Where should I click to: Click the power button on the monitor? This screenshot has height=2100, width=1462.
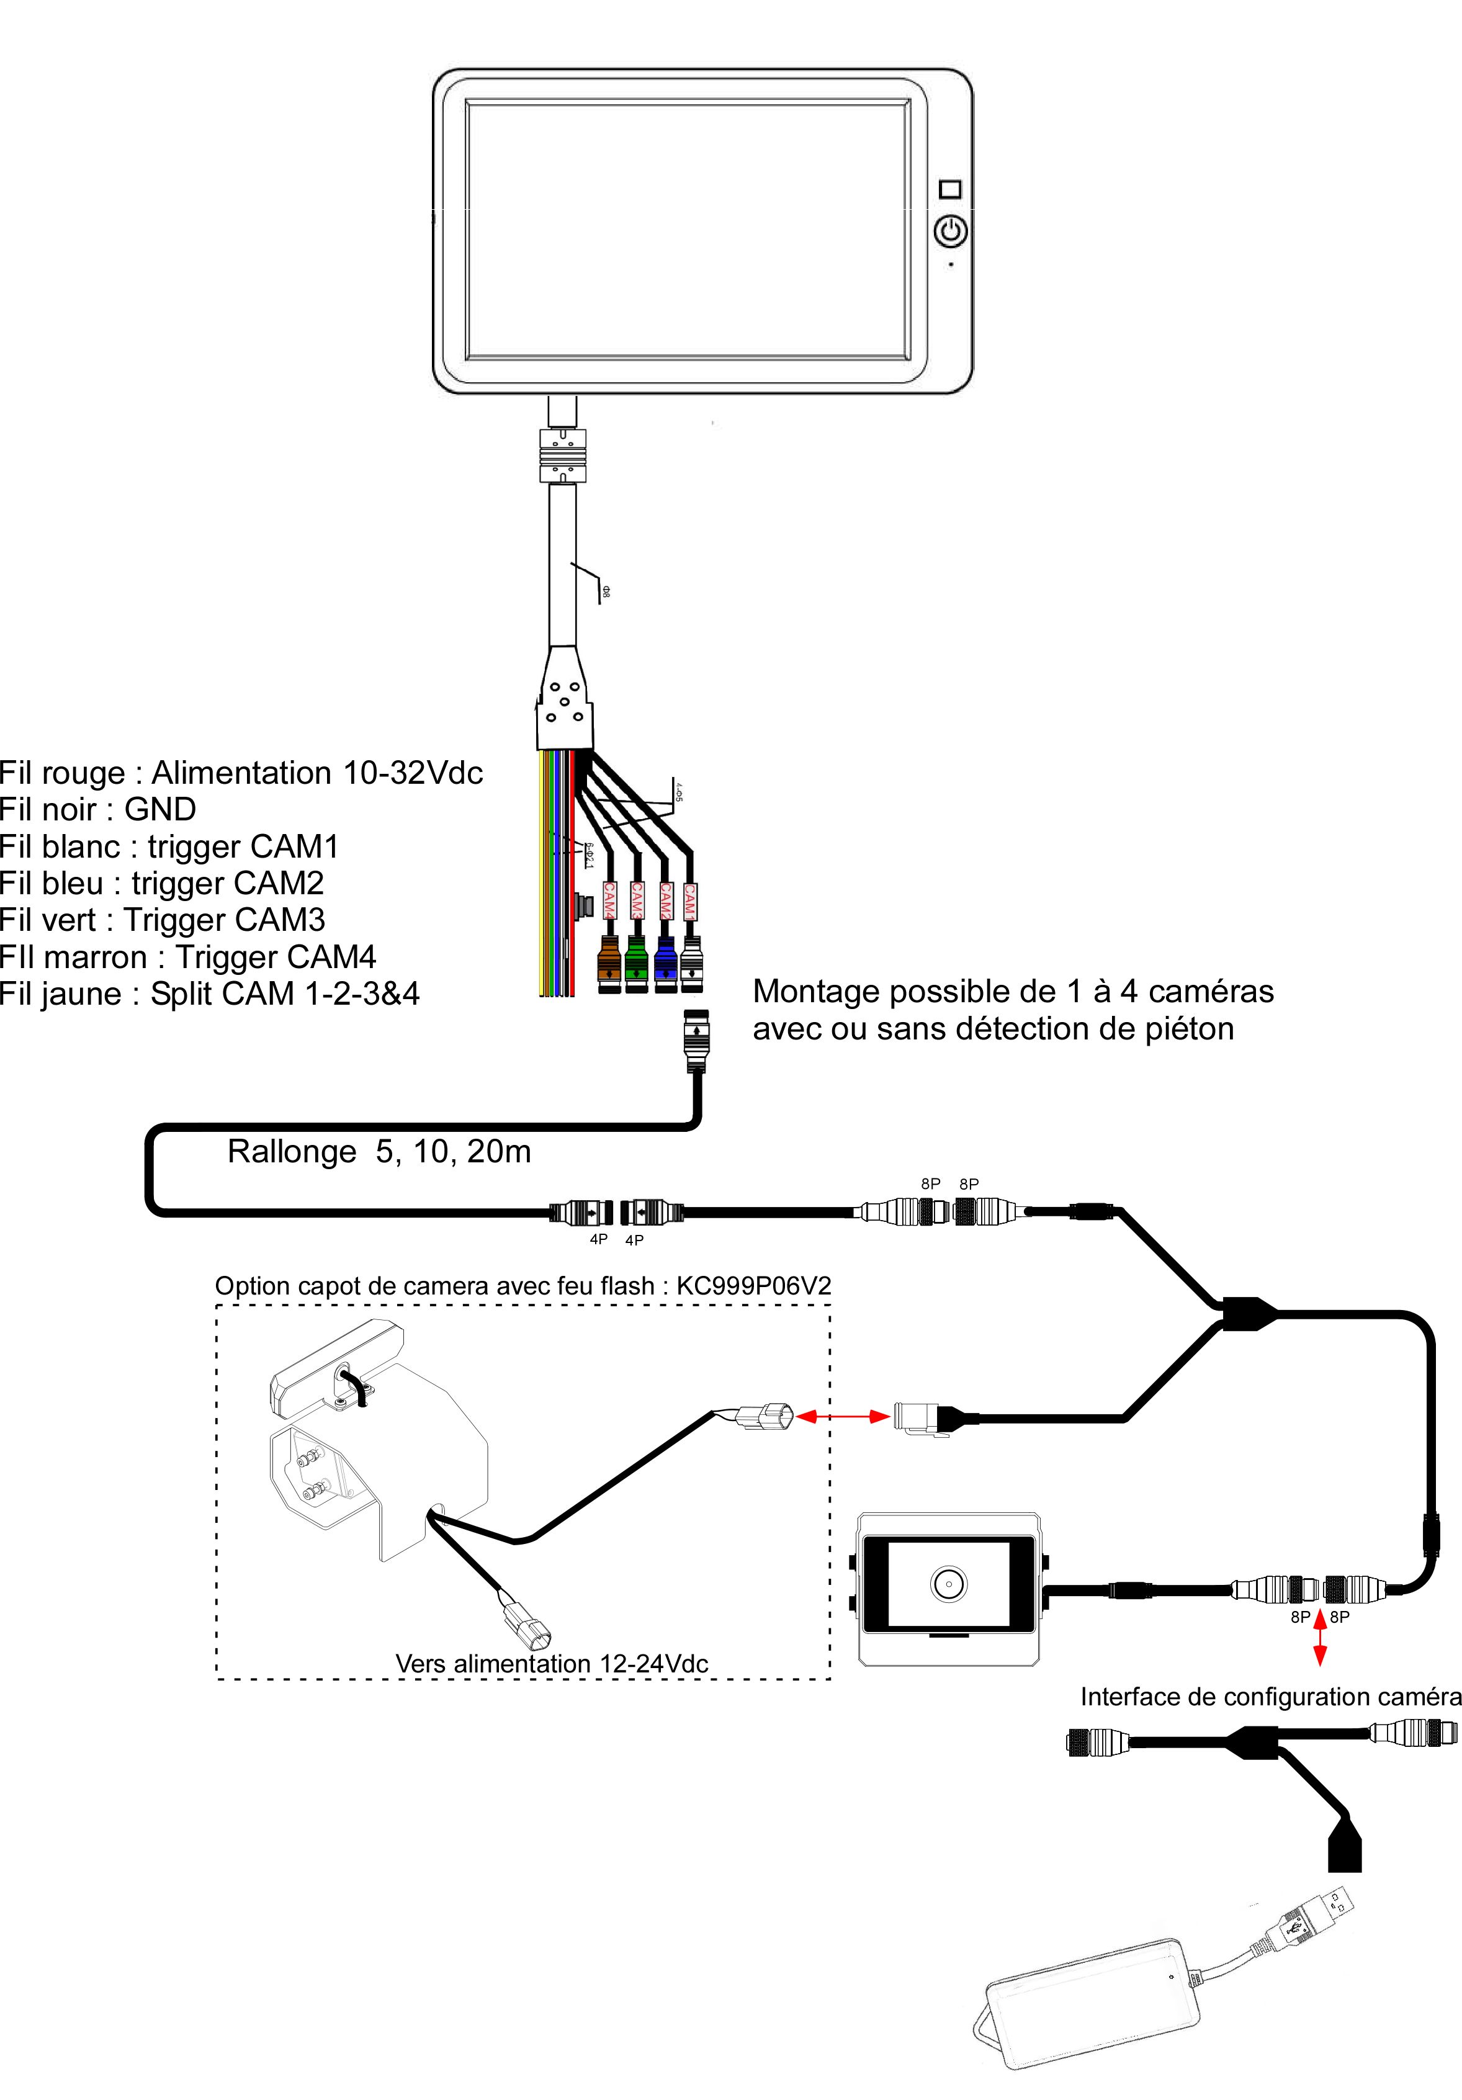pos(951,231)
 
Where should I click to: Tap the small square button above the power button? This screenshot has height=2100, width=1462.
pos(951,189)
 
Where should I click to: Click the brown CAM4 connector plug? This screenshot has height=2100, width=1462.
pos(609,963)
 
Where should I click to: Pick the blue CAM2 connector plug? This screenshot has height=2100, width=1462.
pos(665,963)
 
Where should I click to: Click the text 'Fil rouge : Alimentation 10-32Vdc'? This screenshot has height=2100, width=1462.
pos(241,773)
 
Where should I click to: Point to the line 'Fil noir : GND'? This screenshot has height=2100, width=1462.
pos(98,809)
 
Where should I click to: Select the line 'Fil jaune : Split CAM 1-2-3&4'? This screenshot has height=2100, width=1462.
pos(209,994)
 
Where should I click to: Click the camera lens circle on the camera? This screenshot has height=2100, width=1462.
pos(948,1583)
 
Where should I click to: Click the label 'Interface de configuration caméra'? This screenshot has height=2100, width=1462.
pos(1270,1697)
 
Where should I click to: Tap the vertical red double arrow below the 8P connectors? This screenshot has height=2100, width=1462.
pos(1319,1637)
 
